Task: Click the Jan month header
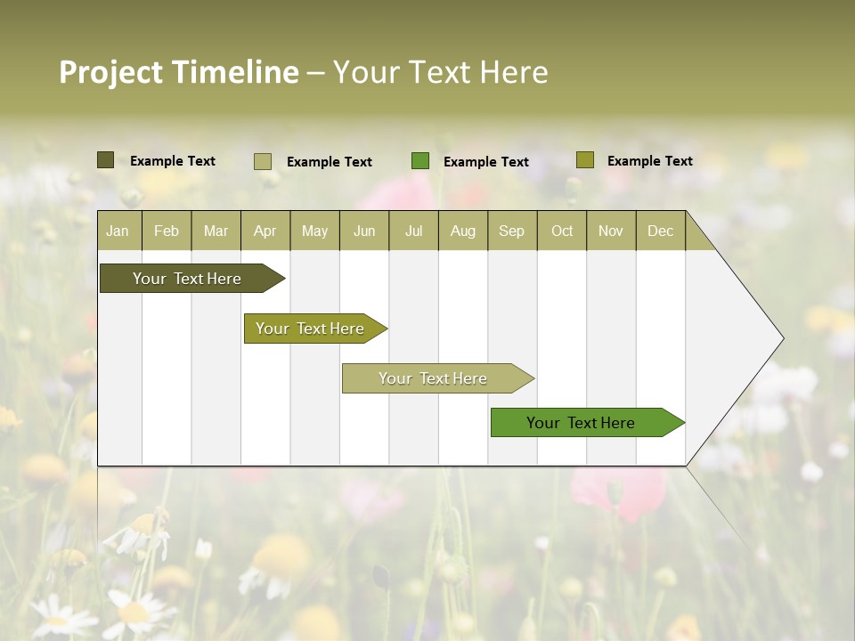(118, 231)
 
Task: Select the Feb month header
(167, 231)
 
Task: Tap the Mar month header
(216, 231)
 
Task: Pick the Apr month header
(265, 231)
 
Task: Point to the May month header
(314, 231)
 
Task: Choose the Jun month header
(364, 231)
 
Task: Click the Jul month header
(413, 231)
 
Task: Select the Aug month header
(463, 231)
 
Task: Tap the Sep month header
(512, 231)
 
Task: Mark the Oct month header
(562, 231)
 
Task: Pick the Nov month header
(611, 231)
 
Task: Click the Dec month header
(661, 231)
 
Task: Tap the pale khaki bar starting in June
(434, 378)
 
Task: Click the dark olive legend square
(105, 160)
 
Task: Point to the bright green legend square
(420, 161)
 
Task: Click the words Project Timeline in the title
(179, 72)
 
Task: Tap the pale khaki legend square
(263, 161)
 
